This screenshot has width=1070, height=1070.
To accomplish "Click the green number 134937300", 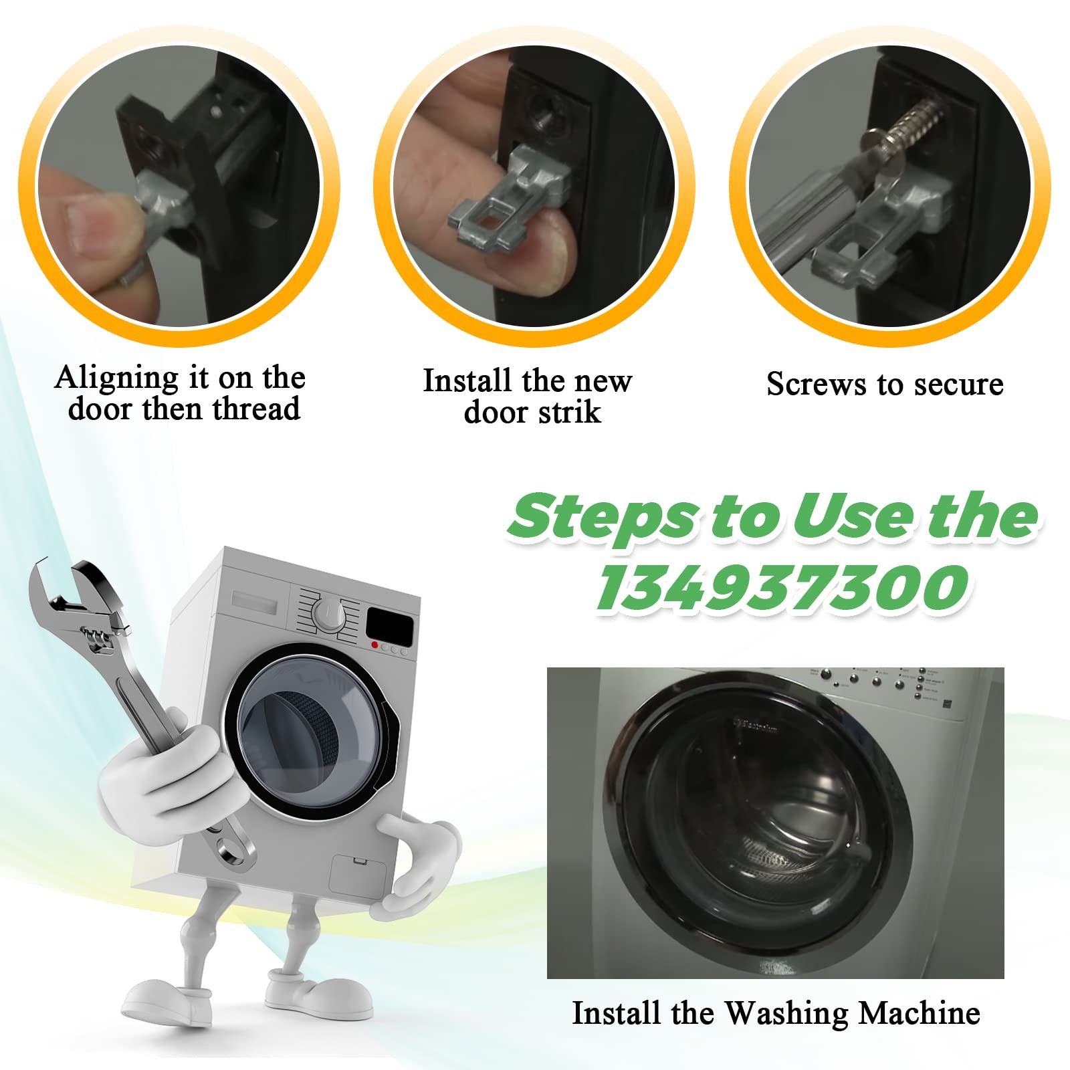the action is [x=782, y=587].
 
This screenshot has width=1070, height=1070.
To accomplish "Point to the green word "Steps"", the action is [x=602, y=517].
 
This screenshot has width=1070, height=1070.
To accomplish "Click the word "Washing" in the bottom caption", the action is [x=786, y=1014].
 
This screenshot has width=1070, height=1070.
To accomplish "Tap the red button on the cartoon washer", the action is [x=374, y=645].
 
